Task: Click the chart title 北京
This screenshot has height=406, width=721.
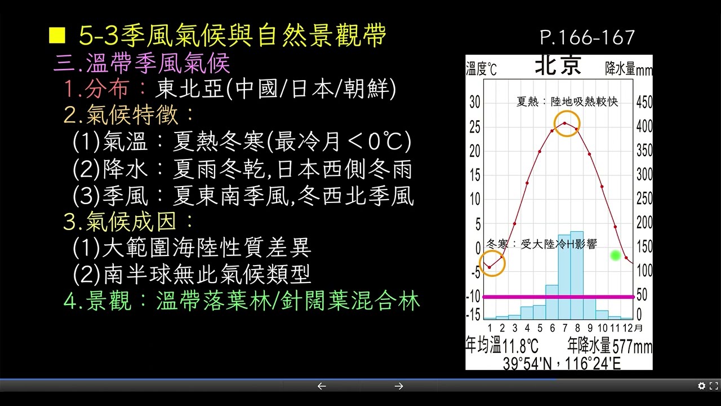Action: [x=558, y=66]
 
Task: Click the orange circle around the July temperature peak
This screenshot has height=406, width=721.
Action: [x=567, y=123]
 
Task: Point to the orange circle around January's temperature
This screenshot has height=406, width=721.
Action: [x=492, y=263]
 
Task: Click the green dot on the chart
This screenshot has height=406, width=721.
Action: [x=615, y=255]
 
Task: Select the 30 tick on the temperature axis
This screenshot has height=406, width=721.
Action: [x=475, y=102]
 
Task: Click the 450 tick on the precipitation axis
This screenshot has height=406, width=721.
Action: [x=644, y=102]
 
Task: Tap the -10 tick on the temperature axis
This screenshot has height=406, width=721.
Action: [x=474, y=296]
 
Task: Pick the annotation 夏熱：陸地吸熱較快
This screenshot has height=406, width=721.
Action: [x=567, y=102]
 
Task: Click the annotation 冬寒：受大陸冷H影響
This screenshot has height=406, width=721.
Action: [x=541, y=244]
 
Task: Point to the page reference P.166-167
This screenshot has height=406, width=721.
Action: [x=588, y=38]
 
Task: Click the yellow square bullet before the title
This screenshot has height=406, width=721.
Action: [x=57, y=36]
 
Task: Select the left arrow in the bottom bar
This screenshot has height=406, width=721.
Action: [x=322, y=386]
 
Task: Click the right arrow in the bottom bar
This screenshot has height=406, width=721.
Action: [x=399, y=386]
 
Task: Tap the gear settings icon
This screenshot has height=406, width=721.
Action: [x=701, y=386]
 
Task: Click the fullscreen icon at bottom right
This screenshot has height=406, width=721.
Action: [x=713, y=386]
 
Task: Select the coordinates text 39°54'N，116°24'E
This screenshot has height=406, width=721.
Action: [x=561, y=363]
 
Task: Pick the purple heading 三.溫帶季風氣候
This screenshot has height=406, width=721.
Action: [x=142, y=63]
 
